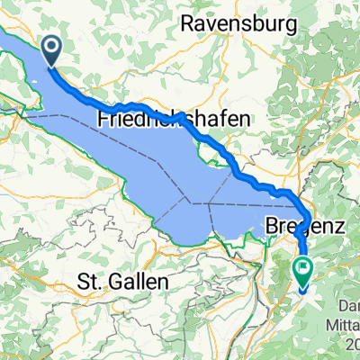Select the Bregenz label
point(306,228)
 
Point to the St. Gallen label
point(123,281)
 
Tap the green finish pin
point(302,268)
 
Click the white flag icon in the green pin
point(302,265)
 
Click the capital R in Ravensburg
point(187,24)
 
